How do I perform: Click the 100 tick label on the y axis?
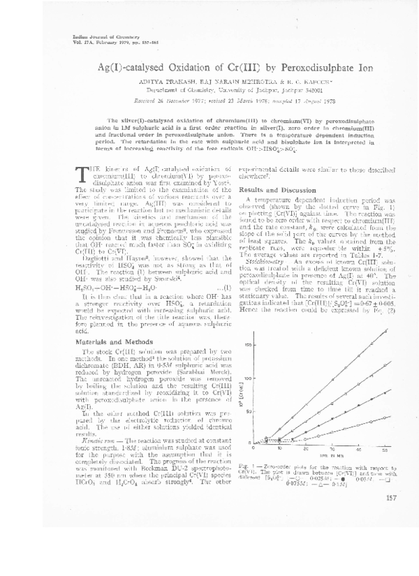click(x=246, y=378)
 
